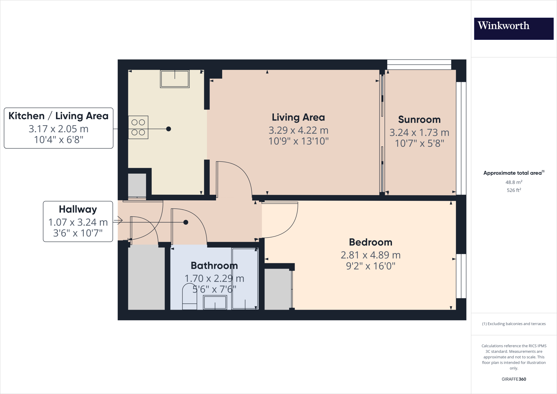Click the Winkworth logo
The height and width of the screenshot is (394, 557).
pyautogui.click(x=513, y=28)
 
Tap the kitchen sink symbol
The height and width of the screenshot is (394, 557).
pyautogui.click(x=175, y=79)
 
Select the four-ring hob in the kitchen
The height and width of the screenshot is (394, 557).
pyautogui.click(x=138, y=127)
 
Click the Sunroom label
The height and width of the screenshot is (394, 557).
pyautogui.click(x=419, y=119)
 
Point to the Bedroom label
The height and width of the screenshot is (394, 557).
pyautogui.click(x=370, y=242)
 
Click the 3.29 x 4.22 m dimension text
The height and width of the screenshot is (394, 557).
pyautogui.click(x=298, y=130)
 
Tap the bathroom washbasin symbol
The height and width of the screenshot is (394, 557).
pyautogui.click(x=215, y=303)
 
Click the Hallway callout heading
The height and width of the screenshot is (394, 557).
pyautogui.click(x=78, y=209)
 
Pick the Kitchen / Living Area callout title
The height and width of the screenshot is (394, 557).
pyautogui.click(x=58, y=116)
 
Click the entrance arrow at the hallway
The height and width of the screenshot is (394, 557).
pyautogui.click(x=118, y=220)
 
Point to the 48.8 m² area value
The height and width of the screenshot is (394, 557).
pyautogui.click(x=513, y=182)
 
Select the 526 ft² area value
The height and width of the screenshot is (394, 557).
pyautogui.click(x=513, y=190)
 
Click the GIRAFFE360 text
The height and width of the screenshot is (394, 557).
pyautogui.click(x=513, y=379)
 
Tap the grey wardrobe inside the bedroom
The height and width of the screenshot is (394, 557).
pyautogui.click(x=277, y=289)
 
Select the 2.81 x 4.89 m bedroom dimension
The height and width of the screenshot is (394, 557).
pyautogui.click(x=370, y=255)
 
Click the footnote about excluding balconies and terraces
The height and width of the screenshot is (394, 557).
pyautogui.click(x=513, y=324)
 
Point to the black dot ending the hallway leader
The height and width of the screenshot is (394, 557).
pyautogui.click(x=186, y=222)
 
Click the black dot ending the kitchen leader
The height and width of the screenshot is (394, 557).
pyautogui.click(x=169, y=129)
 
